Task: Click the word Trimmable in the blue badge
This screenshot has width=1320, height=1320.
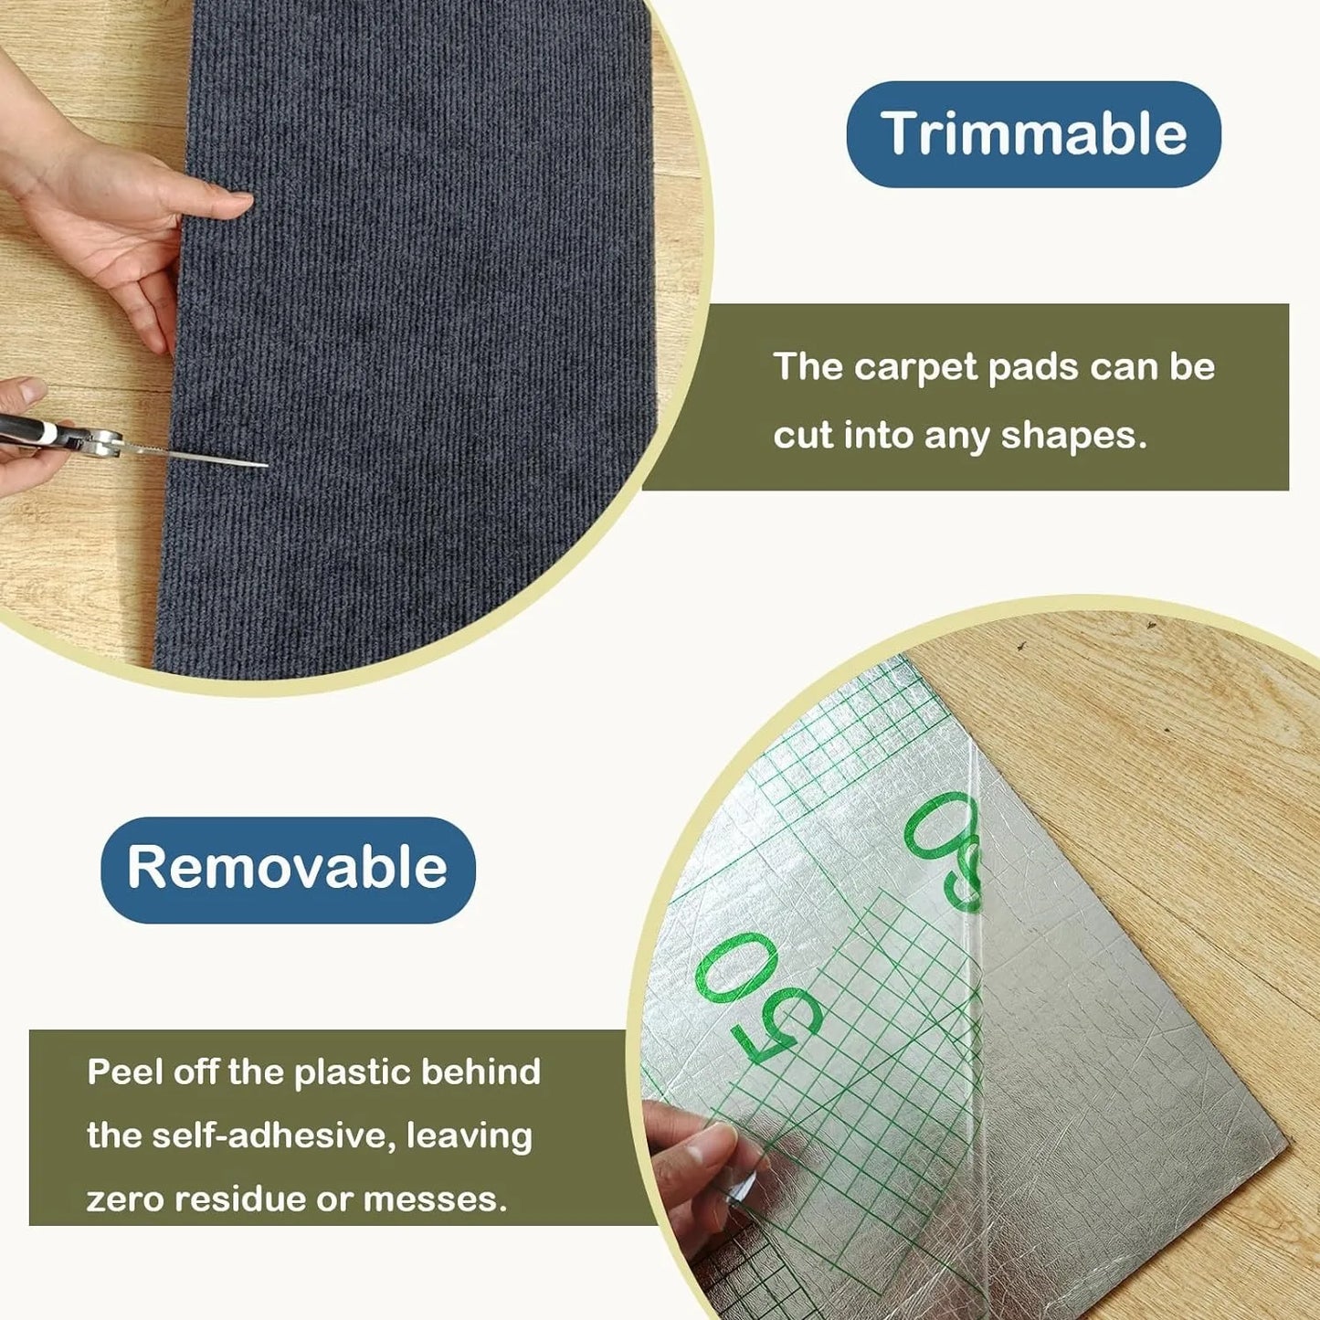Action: pyautogui.click(x=1033, y=134)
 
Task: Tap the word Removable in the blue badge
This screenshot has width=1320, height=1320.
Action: pyautogui.click(x=287, y=867)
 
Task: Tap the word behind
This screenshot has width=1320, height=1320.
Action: pyautogui.click(x=480, y=1072)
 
